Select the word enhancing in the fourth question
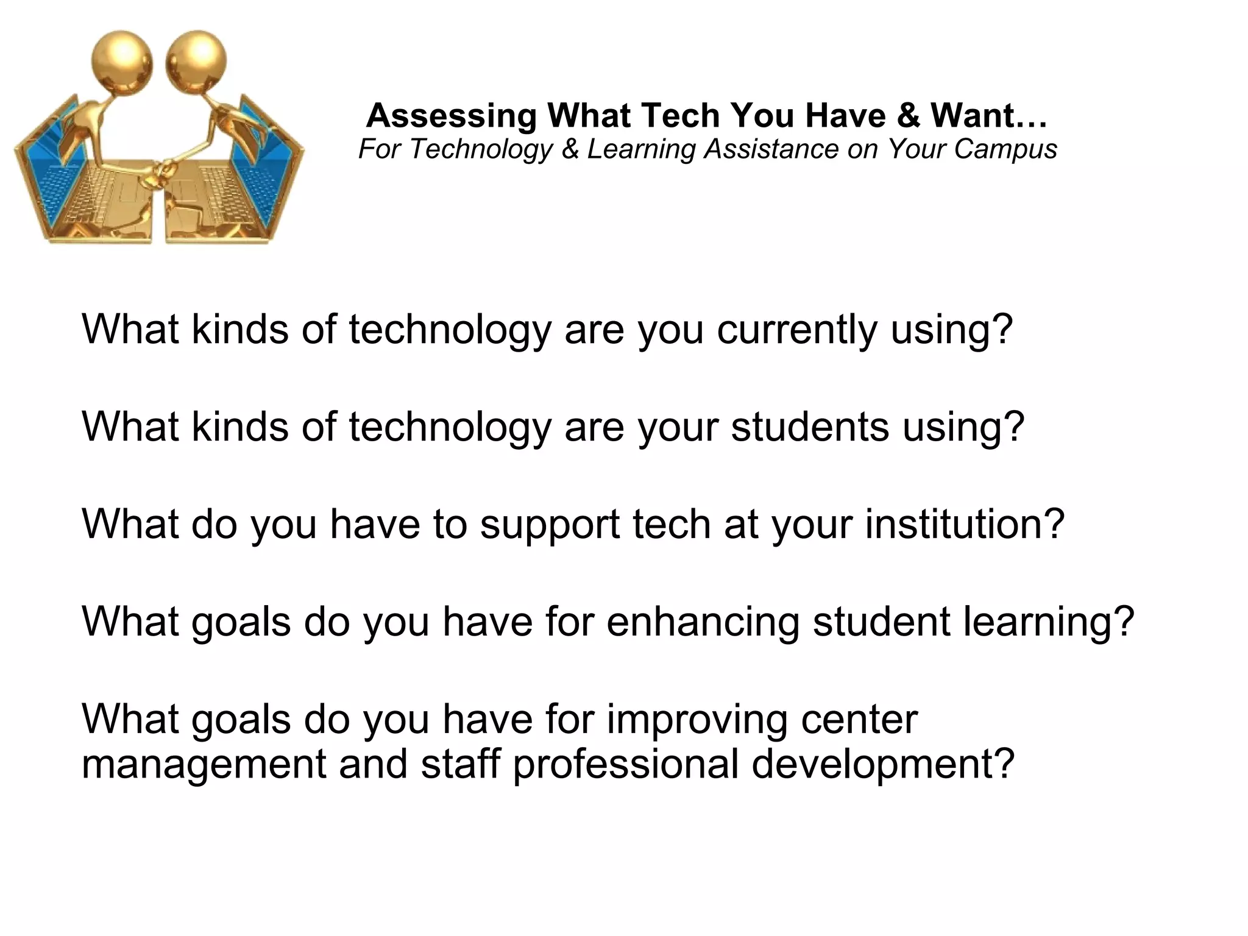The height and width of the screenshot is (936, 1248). click(703, 623)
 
